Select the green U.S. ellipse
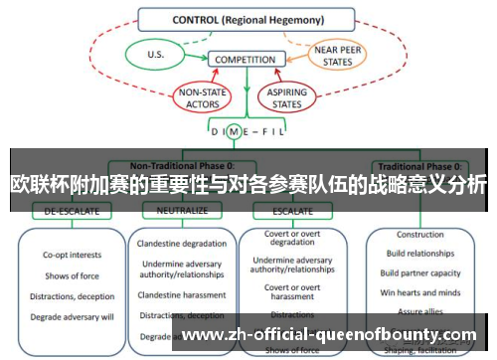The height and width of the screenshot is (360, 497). (155, 55)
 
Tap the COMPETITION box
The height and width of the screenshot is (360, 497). (245, 60)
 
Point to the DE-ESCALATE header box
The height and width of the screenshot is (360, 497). (64, 211)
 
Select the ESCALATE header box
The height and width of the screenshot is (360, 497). (285, 211)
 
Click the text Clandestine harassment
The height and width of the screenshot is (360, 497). (182, 295)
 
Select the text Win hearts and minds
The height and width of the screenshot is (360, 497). (419, 291)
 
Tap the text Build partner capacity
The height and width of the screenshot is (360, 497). (419, 272)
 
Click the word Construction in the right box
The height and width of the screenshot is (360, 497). (419, 235)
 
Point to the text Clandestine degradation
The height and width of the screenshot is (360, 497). (182, 245)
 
